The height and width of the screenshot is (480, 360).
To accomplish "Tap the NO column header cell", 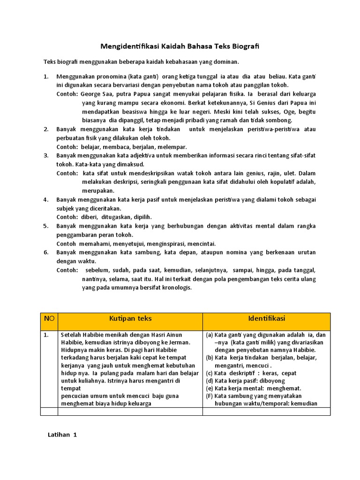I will click(49, 319).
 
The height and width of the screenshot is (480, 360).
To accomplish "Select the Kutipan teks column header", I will click(130, 319).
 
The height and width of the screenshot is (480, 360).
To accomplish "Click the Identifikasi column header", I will click(266, 319).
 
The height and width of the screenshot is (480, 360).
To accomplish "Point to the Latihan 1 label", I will click(62, 435).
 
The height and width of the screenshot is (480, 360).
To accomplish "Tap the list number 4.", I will click(46, 200).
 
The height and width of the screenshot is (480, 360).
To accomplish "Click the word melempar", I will click(173, 147).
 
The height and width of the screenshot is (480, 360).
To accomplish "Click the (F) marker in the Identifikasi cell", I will click(210, 396).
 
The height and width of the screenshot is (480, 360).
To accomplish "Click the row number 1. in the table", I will click(46, 335).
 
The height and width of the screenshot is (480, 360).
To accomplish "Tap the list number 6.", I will click(46, 252).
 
